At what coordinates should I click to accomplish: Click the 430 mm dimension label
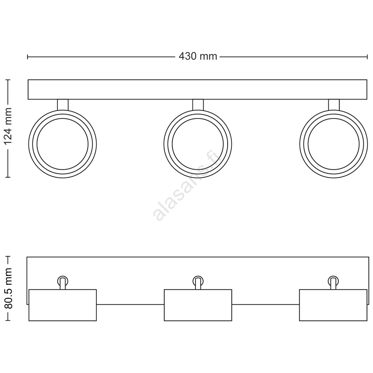click(198, 56)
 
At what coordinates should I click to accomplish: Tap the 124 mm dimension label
click(8, 126)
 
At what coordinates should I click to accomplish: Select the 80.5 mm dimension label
click(8, 288)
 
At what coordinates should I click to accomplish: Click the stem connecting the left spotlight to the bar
click(63, 105)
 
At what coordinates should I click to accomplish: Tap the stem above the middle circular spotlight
click(198, 105)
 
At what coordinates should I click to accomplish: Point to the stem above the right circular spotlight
click(334, 105)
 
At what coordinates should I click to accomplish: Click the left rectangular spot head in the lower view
click(63, 305)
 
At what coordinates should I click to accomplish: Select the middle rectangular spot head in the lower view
click(198, 305)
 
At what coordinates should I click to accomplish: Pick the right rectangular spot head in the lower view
click(333, 305)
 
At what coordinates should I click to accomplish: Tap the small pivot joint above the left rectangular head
click(63, 282)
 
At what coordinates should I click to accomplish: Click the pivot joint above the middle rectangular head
click(198, 282)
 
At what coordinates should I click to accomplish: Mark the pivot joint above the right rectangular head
click(333, 282)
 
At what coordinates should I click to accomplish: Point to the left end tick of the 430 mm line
click(28, 57)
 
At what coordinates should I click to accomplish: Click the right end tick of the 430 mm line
click(367, 57)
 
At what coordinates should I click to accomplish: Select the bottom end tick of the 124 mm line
click(8, 177)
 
